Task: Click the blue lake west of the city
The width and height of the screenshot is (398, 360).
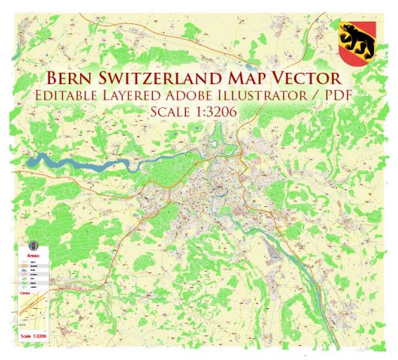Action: pyautogui.click(x=56, y=158)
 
